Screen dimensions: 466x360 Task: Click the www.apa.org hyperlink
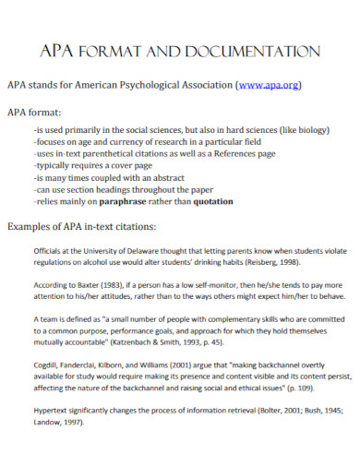(268, 85)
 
